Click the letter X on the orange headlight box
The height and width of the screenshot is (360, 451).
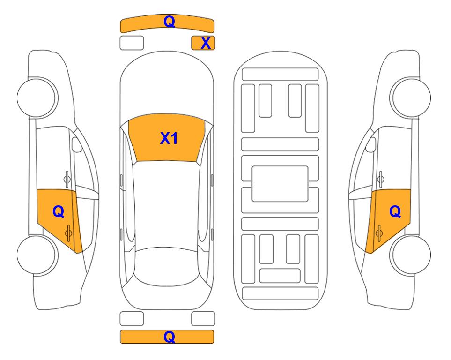[206, 43]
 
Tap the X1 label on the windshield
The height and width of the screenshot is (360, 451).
[169, 138]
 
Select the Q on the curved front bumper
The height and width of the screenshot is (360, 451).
[169, 22]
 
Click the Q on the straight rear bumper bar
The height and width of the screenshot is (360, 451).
[169, 337]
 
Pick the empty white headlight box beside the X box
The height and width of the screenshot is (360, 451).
[132, 43]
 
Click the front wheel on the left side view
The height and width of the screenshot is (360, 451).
[37, 97]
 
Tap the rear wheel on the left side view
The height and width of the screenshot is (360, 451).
[37, 255]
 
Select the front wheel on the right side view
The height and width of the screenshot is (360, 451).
[411, 97]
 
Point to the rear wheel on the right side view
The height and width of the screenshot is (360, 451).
[411, 255]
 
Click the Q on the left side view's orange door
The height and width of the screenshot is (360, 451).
[59, 212]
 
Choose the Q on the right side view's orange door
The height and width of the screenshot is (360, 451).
[395, 212]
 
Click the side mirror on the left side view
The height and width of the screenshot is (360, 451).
[76, 144]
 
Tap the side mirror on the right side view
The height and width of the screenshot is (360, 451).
[371, 144]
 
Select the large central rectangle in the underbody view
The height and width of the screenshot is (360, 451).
[280, 184]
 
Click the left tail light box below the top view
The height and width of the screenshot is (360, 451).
[132, 319]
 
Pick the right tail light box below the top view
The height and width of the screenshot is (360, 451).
[203, 319]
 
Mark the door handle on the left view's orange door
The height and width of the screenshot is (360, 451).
[69, 233]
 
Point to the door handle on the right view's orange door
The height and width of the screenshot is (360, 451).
[379, 233]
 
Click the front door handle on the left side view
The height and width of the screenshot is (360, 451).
[67, 179]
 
